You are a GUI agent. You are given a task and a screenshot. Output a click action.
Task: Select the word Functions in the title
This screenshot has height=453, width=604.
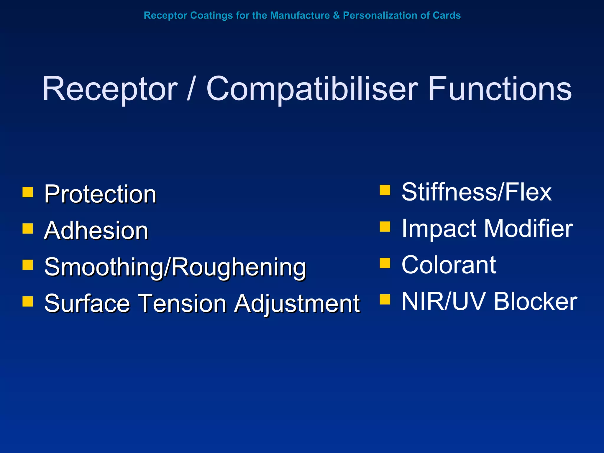click(500, 89)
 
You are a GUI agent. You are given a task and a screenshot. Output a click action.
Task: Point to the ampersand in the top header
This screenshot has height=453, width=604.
click(336, 15)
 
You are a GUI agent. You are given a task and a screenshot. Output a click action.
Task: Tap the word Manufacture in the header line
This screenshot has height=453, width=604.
click(300, 15)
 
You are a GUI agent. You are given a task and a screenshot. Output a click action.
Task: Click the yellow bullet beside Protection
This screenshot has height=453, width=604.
click(28, 192)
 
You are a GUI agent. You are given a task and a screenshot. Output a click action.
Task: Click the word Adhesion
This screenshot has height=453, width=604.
click(96, 231)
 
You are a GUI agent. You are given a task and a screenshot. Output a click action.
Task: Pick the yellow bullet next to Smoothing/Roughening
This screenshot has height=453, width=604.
click(28, 265)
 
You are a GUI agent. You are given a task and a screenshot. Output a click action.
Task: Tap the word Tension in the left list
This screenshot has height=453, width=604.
click(182, 303)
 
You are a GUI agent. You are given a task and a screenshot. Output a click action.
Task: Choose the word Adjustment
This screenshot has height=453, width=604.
click(297, 304)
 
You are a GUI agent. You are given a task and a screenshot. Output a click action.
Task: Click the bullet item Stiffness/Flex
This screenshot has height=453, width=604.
click(476, 192)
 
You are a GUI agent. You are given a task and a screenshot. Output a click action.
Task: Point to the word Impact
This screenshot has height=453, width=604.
click(439, 229)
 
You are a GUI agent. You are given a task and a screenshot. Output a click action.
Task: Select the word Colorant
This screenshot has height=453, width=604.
click(449, 265)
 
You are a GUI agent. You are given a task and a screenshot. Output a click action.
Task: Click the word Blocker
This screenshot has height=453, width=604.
click(535, 301)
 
